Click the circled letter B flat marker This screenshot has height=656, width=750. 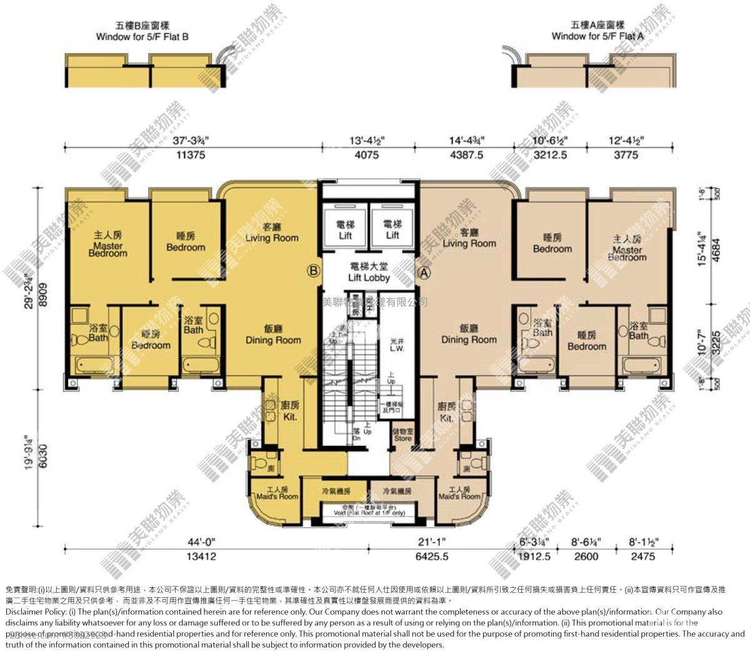[313, 271]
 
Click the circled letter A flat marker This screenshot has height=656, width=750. [424, 273]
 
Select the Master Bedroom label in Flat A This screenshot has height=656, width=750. [627, 248]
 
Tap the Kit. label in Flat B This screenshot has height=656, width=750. [290, 411]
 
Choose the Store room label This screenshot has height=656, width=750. [403, 435]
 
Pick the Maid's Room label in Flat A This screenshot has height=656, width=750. [459, 493]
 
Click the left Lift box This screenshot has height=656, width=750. [346, 230]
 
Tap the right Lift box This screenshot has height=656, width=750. [392, 230]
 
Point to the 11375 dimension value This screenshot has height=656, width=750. [191, 155]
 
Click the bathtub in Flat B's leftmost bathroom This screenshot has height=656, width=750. [90, 364]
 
